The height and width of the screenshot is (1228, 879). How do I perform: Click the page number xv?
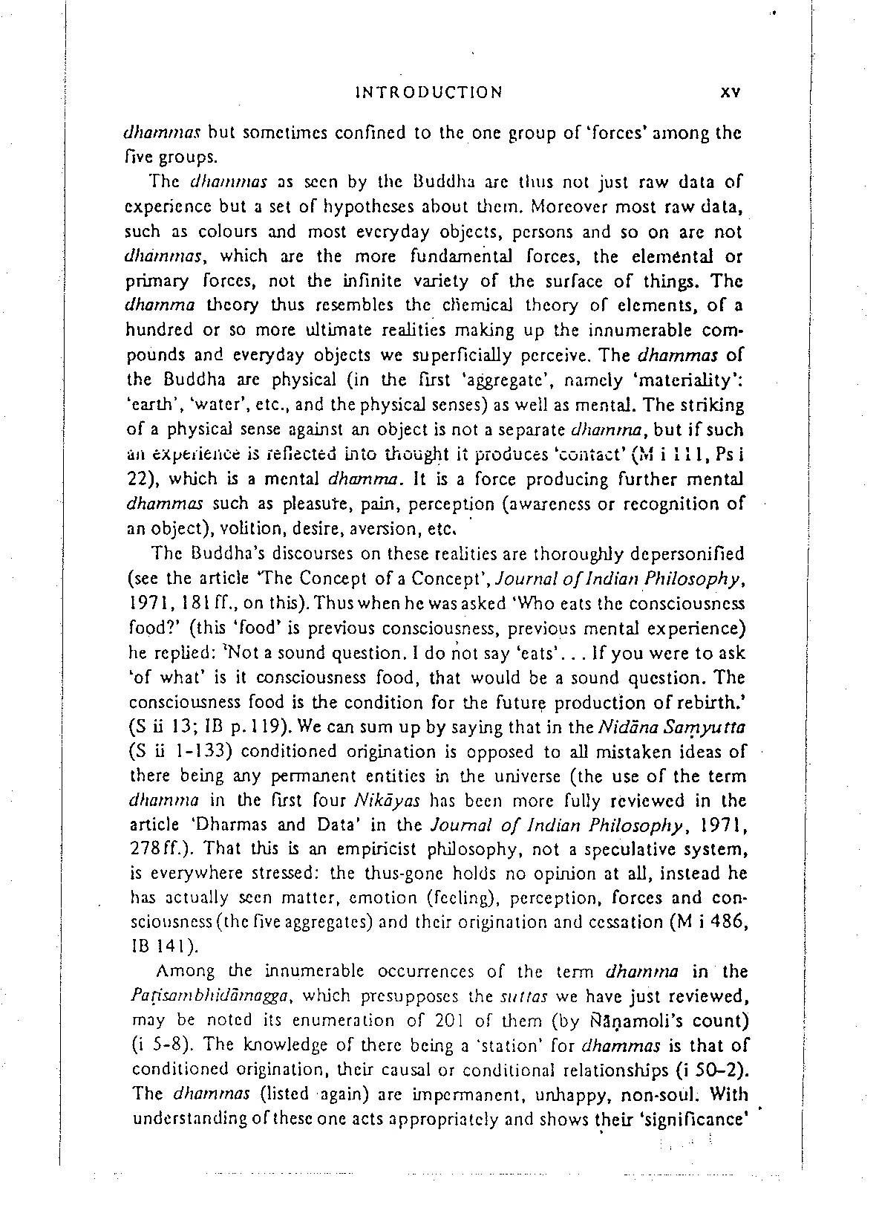click(731, 93)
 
